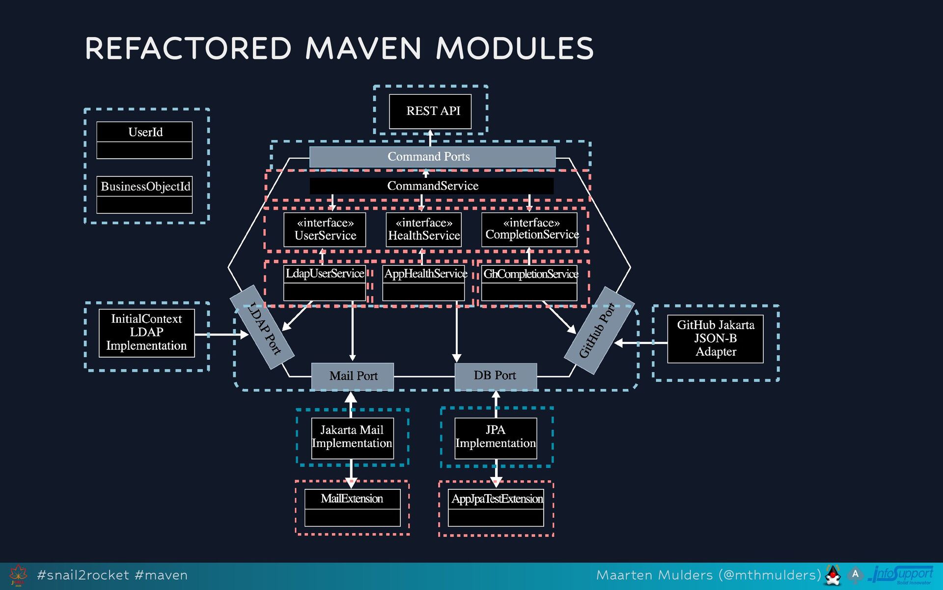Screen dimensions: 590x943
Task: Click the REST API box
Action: pos(430,112)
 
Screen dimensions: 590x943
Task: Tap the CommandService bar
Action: pos(432,186)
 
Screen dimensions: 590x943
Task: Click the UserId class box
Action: pos(144,140)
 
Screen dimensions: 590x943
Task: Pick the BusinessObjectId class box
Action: pos(144,195)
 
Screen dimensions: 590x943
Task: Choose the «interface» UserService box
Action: pos(325,229)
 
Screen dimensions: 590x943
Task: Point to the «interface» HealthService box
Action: pos(424,229)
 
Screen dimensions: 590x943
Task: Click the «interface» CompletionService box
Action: pos(529,229)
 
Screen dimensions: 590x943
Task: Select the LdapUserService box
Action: pos(325,282)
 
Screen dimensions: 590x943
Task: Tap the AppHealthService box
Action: pos(424,282)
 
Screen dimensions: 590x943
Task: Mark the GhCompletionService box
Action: pos(529,282)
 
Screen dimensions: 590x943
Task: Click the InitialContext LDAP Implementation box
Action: pos(147,333)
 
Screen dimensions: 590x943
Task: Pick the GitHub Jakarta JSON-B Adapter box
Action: pos(715,339)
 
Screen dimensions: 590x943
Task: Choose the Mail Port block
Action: pos(353,376)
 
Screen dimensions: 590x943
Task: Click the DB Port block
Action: pos(495,376)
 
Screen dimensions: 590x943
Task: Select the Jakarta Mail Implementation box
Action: pos(353,438)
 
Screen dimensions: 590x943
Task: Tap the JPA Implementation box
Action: pos(496,438)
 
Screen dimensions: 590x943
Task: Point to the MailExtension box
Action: pos(353,507)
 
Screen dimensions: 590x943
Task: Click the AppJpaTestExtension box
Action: pos(496,507)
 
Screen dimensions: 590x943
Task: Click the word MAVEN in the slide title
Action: pos(363,49)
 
